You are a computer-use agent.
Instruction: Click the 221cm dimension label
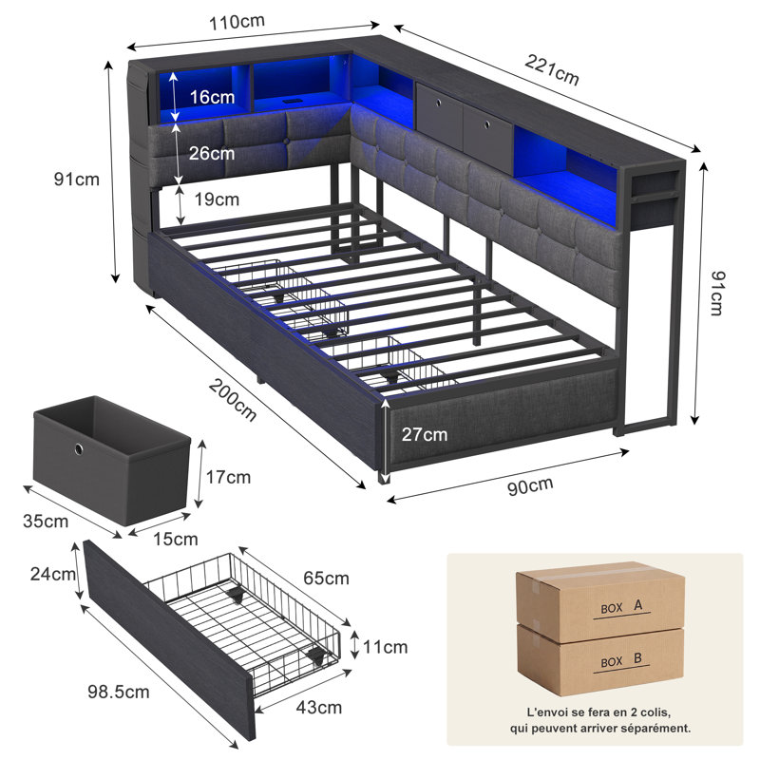[x=552, y=70]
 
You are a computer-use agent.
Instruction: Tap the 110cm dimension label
[x=237, y=22]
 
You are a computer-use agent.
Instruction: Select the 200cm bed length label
[x=233, y=400]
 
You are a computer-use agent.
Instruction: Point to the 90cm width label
[x=530, y=486]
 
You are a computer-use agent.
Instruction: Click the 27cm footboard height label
[x=424, y=435]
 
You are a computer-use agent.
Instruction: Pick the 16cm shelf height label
[x=212, y=97]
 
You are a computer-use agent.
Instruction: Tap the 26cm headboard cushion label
[x=212, y=153]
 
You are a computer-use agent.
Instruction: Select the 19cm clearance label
[x=217, y=199]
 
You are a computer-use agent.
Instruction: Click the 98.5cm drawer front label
[x=119, y=692]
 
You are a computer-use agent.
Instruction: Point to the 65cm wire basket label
[x=326, y=579]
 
